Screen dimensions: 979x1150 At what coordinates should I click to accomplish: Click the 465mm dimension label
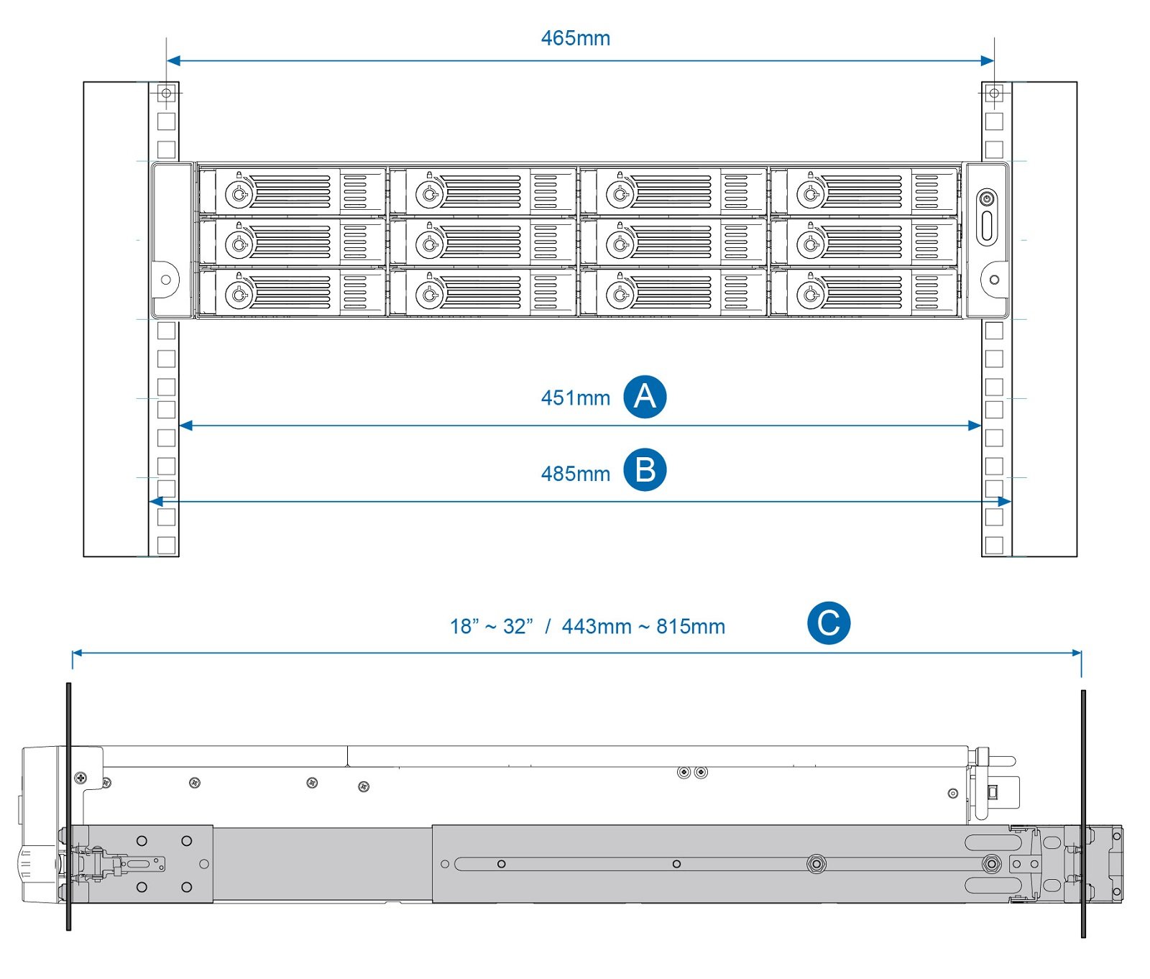[x=575, y=38]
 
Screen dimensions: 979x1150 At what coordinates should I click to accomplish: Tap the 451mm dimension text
[x=575, y=397]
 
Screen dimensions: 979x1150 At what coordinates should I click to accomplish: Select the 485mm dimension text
[x=575, y=474]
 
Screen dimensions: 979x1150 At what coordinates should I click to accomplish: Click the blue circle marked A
[x=645, y=397]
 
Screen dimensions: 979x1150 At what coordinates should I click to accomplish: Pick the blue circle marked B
[x=645, y=470]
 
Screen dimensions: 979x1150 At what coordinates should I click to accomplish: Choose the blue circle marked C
[x=828, y=623]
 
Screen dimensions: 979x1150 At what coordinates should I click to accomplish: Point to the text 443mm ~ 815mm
[x=643, y=627]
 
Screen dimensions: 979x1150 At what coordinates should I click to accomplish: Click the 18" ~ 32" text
[x=492, y=627]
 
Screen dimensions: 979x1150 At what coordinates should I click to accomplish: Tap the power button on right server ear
[x=987, y=198]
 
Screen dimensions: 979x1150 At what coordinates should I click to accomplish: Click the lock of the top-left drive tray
[x=239, y=193]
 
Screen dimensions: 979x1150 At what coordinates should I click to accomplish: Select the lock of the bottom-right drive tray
[x=811, y=294]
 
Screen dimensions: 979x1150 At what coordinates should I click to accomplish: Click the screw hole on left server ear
[x=166, y=280]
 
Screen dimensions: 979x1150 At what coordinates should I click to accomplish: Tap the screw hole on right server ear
[x=994, y=280]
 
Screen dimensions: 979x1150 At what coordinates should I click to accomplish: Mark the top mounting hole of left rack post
[x=166, y=93]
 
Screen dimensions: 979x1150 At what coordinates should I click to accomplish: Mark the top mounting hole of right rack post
[x=994, y=93]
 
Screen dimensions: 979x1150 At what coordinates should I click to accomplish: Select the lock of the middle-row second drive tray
[x=429, y=244]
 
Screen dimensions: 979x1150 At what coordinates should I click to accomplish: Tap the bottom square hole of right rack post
[x=994, y=545]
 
